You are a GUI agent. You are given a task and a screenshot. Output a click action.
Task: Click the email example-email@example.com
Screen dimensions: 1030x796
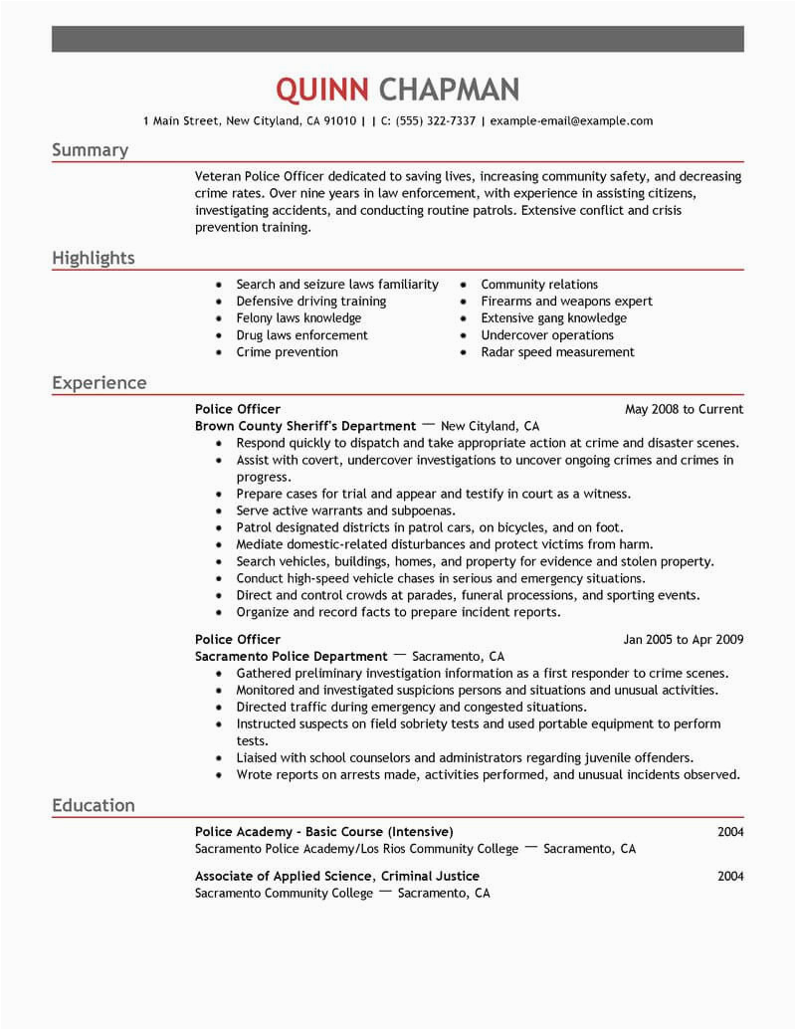pos(571,121)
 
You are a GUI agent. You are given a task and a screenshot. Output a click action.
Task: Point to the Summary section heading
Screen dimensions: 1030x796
pos(90,150)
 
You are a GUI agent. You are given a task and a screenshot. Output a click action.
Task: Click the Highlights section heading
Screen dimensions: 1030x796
pos(93,259)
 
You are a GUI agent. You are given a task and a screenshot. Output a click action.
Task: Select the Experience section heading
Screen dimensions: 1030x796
pos(99,383)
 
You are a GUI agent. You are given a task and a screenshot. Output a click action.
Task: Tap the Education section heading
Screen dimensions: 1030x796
pos(93,805)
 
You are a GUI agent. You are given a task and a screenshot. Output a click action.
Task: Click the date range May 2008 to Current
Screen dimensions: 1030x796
pos(684,409)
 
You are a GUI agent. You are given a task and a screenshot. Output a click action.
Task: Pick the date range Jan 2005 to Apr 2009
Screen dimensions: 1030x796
pos(683,639)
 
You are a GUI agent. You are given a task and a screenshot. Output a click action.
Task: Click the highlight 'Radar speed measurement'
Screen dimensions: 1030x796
pos(557,352)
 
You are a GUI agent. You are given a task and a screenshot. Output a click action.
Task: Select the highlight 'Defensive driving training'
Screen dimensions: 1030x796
pos(310,302)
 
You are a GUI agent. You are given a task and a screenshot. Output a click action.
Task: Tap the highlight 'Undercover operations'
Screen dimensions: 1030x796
pos(546,335)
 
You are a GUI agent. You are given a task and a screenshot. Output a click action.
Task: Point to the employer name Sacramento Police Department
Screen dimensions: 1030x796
pos(291,657)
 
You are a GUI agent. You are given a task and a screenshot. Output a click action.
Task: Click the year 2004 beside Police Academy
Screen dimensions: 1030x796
pos(730,832)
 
